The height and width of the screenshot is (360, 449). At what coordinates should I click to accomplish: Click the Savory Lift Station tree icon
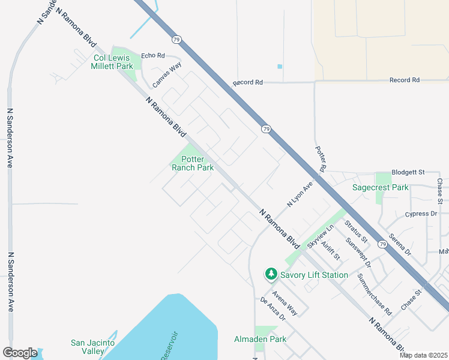pos(271,274)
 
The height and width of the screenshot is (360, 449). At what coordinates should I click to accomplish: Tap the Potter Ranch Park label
pos(193,164)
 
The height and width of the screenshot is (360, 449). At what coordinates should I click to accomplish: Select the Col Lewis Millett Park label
pos(112,62)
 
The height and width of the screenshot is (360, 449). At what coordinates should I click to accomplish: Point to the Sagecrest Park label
pos(380,187)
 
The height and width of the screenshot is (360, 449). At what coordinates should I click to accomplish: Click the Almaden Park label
pos(260,339)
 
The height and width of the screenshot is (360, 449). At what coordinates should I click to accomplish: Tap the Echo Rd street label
pos(152,56)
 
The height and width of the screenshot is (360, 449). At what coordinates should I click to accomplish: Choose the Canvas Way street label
pos(166,75)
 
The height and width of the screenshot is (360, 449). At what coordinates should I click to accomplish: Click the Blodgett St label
pos(408,172)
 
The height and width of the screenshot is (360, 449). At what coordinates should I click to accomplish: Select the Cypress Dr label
pos(421,214)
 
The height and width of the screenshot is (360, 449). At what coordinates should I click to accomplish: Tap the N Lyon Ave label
pos(300,195)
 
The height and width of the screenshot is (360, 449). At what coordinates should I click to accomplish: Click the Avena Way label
pos(285,302)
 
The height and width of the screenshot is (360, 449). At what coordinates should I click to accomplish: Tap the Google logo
pos(20,353)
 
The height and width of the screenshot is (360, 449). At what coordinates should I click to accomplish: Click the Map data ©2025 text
pos(423,355)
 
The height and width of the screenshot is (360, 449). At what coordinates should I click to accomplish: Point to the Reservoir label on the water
pos(170,345)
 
